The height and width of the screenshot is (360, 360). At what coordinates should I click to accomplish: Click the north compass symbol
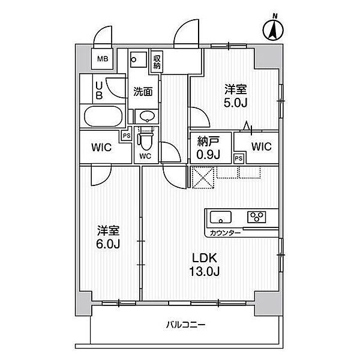pos(273,29)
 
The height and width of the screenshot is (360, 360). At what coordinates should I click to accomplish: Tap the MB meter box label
pos(103,59)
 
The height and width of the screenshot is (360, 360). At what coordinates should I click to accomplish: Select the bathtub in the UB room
pos(103,116)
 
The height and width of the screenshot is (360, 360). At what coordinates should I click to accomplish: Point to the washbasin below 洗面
pos(146,116)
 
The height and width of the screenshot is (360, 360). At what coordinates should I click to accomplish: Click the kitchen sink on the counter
pos(221,217)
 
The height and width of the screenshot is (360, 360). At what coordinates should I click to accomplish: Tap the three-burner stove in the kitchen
pos(257,217)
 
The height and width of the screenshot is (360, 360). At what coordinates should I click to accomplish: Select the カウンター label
pos(225,233)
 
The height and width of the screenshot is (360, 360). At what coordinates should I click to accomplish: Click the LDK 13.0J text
pos(205,265)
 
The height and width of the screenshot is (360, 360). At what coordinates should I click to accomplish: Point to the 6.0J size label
pos(108,245)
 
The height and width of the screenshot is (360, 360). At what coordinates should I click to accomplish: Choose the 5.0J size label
pos(236,103)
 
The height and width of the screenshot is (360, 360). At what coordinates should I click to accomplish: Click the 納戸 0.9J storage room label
pos(208,148)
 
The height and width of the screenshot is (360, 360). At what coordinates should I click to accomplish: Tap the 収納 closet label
pos(157,62)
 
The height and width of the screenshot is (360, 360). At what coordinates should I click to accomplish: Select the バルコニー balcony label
pos(185,325)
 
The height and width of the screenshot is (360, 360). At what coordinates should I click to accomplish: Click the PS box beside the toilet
pos(127,136)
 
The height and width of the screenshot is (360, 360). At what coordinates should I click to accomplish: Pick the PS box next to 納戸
pos(239,158)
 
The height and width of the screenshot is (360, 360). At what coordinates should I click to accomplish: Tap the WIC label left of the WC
pos(101,147)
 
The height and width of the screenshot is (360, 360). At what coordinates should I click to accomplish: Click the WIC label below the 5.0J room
pos(262,146)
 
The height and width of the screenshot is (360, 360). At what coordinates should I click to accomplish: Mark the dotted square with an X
pos(203,178)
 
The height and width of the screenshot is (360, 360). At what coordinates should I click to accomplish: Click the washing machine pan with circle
pos(139,59)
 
